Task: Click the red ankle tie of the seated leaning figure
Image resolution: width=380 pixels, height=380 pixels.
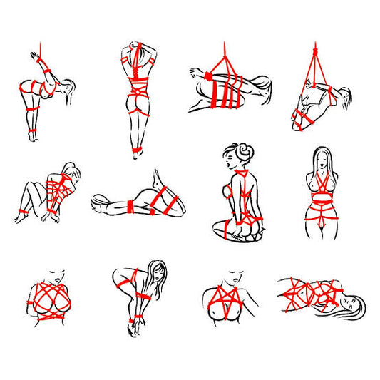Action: tap(21, 212)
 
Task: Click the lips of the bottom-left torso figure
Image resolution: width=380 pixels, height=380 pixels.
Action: tap(56, 275)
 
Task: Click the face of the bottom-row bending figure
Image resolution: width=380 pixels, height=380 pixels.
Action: tap(156, 274)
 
